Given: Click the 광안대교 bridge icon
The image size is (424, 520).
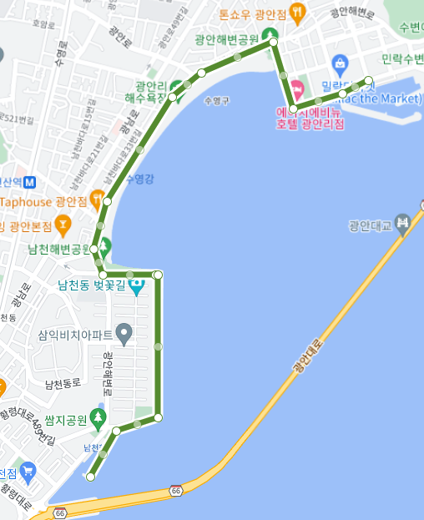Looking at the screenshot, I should point(403,223).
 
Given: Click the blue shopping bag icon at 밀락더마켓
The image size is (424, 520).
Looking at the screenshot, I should point(339,62).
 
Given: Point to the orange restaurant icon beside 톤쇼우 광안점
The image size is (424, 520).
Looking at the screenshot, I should point(300,13).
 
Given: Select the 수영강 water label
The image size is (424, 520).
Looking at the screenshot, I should point(139,179).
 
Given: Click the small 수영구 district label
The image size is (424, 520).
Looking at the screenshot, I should point(215,100).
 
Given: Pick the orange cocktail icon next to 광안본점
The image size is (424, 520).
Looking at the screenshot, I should point(62,225).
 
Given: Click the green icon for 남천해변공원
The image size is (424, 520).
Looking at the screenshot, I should point(106,248).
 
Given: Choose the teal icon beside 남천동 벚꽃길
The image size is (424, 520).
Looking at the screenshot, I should point(136,286).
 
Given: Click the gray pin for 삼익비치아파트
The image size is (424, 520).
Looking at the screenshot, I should point(124,336).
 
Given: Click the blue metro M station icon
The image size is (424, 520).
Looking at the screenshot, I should point(31,181).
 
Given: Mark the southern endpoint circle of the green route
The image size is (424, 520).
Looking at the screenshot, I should point(90,477).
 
